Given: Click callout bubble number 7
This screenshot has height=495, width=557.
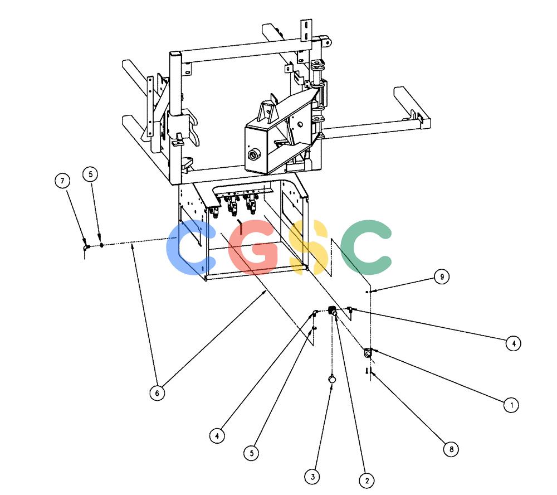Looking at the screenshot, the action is tap(62, 181).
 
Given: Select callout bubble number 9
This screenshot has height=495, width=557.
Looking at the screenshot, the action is tap(442, 276).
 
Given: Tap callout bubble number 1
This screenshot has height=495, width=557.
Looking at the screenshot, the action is tap(511, 405).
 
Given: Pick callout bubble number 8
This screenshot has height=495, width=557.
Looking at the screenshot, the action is tap(451, 449).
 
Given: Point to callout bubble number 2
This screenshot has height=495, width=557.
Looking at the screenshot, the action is tap(367, 481).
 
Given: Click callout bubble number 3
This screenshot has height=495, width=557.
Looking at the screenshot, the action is tap(312, 477).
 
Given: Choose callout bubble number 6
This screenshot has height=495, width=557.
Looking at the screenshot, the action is tap(157, 393).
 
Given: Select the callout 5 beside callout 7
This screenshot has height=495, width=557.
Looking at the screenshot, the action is tap(90, 174).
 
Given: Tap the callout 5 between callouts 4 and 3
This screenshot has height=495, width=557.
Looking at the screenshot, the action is tap(252, 453).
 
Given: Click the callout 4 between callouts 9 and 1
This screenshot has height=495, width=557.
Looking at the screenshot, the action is tap(514, 343).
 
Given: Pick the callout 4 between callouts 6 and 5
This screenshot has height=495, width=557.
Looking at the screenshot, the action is tap(217, 435).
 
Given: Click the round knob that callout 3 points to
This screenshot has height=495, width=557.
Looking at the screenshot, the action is tap(332, 379).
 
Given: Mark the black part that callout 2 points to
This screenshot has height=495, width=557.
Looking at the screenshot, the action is tap(333, 310).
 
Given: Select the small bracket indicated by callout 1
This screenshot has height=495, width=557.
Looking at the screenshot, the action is tap(368, 353).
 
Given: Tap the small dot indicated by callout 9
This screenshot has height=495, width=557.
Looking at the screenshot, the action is tap(367, 292).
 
